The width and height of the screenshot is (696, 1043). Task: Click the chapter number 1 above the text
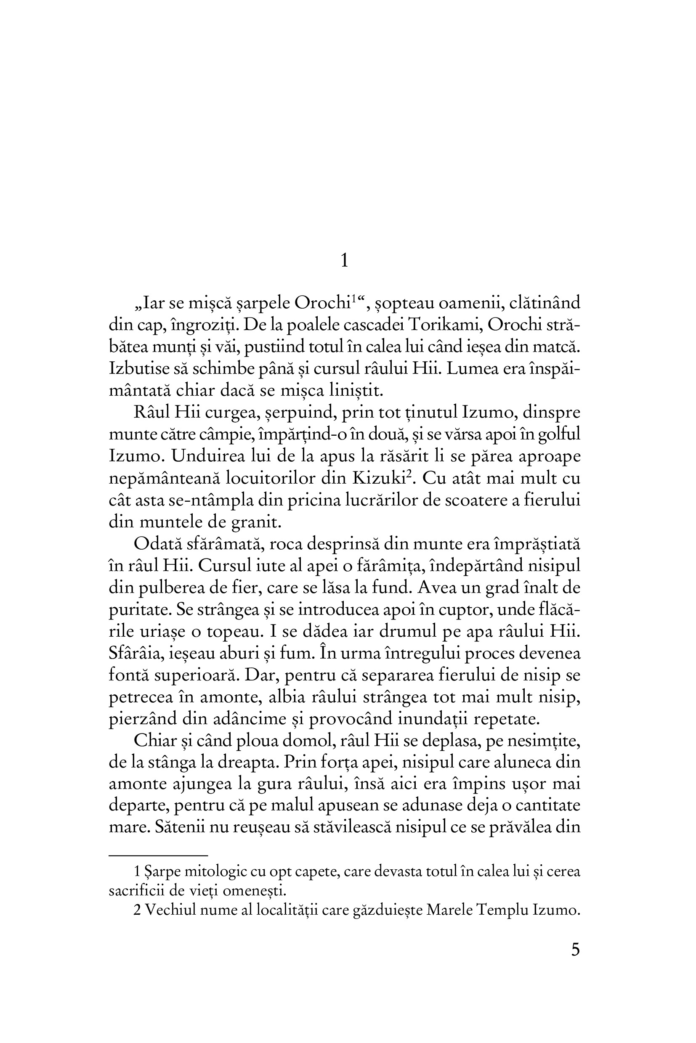tap(345, 261)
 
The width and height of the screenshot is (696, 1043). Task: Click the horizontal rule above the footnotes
tap(158, 855)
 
